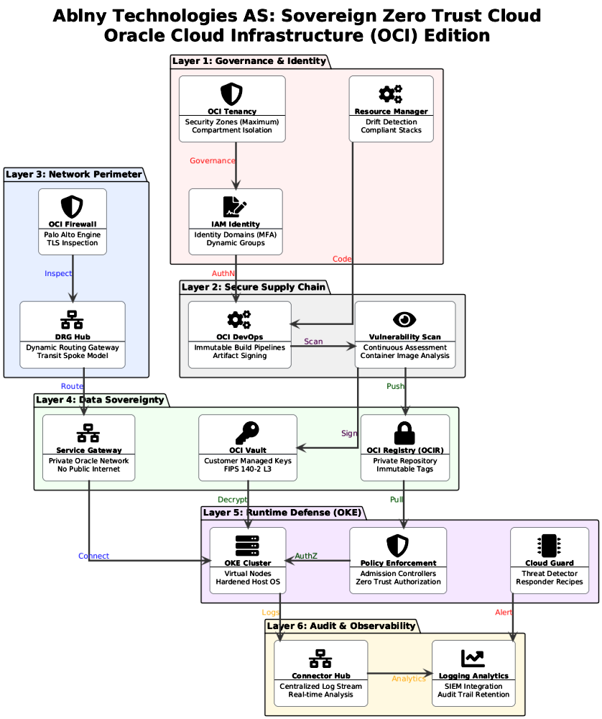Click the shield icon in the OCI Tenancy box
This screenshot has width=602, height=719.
click(x=231, y=93)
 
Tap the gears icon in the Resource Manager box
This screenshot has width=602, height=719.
click(x=391, y=93)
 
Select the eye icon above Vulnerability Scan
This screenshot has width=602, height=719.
click(x=404, y=319)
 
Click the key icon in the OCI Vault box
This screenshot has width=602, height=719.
click(x=247, y=432)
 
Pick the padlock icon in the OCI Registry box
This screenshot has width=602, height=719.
click(x=404, y=432)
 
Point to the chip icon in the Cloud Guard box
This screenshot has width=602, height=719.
click(x=549, y=545)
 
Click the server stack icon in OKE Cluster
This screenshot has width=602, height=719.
click(x=247, y=545)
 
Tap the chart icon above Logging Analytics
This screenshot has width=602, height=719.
click(x=473, y=658)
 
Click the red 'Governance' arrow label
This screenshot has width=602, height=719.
click(x=212, y=160)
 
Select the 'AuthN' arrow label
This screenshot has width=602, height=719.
click(x=223, y=273)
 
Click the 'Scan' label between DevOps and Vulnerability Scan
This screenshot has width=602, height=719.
click(x=313, y=342)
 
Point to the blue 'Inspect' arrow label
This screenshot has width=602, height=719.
click(x=58, y=273)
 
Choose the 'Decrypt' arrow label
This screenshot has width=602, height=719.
click(x=232, y=500)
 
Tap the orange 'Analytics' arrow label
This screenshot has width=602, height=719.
click(x=408, y=678)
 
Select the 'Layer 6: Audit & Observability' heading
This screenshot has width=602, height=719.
click(x=341, y=626)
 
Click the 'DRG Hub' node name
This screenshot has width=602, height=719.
click(x=73, y=336)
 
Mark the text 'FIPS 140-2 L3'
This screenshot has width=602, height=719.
click(x=247, y=470)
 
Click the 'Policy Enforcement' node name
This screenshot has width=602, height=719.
click(x=397, y=563)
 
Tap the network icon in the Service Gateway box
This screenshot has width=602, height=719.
click(x=88, y=432)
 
